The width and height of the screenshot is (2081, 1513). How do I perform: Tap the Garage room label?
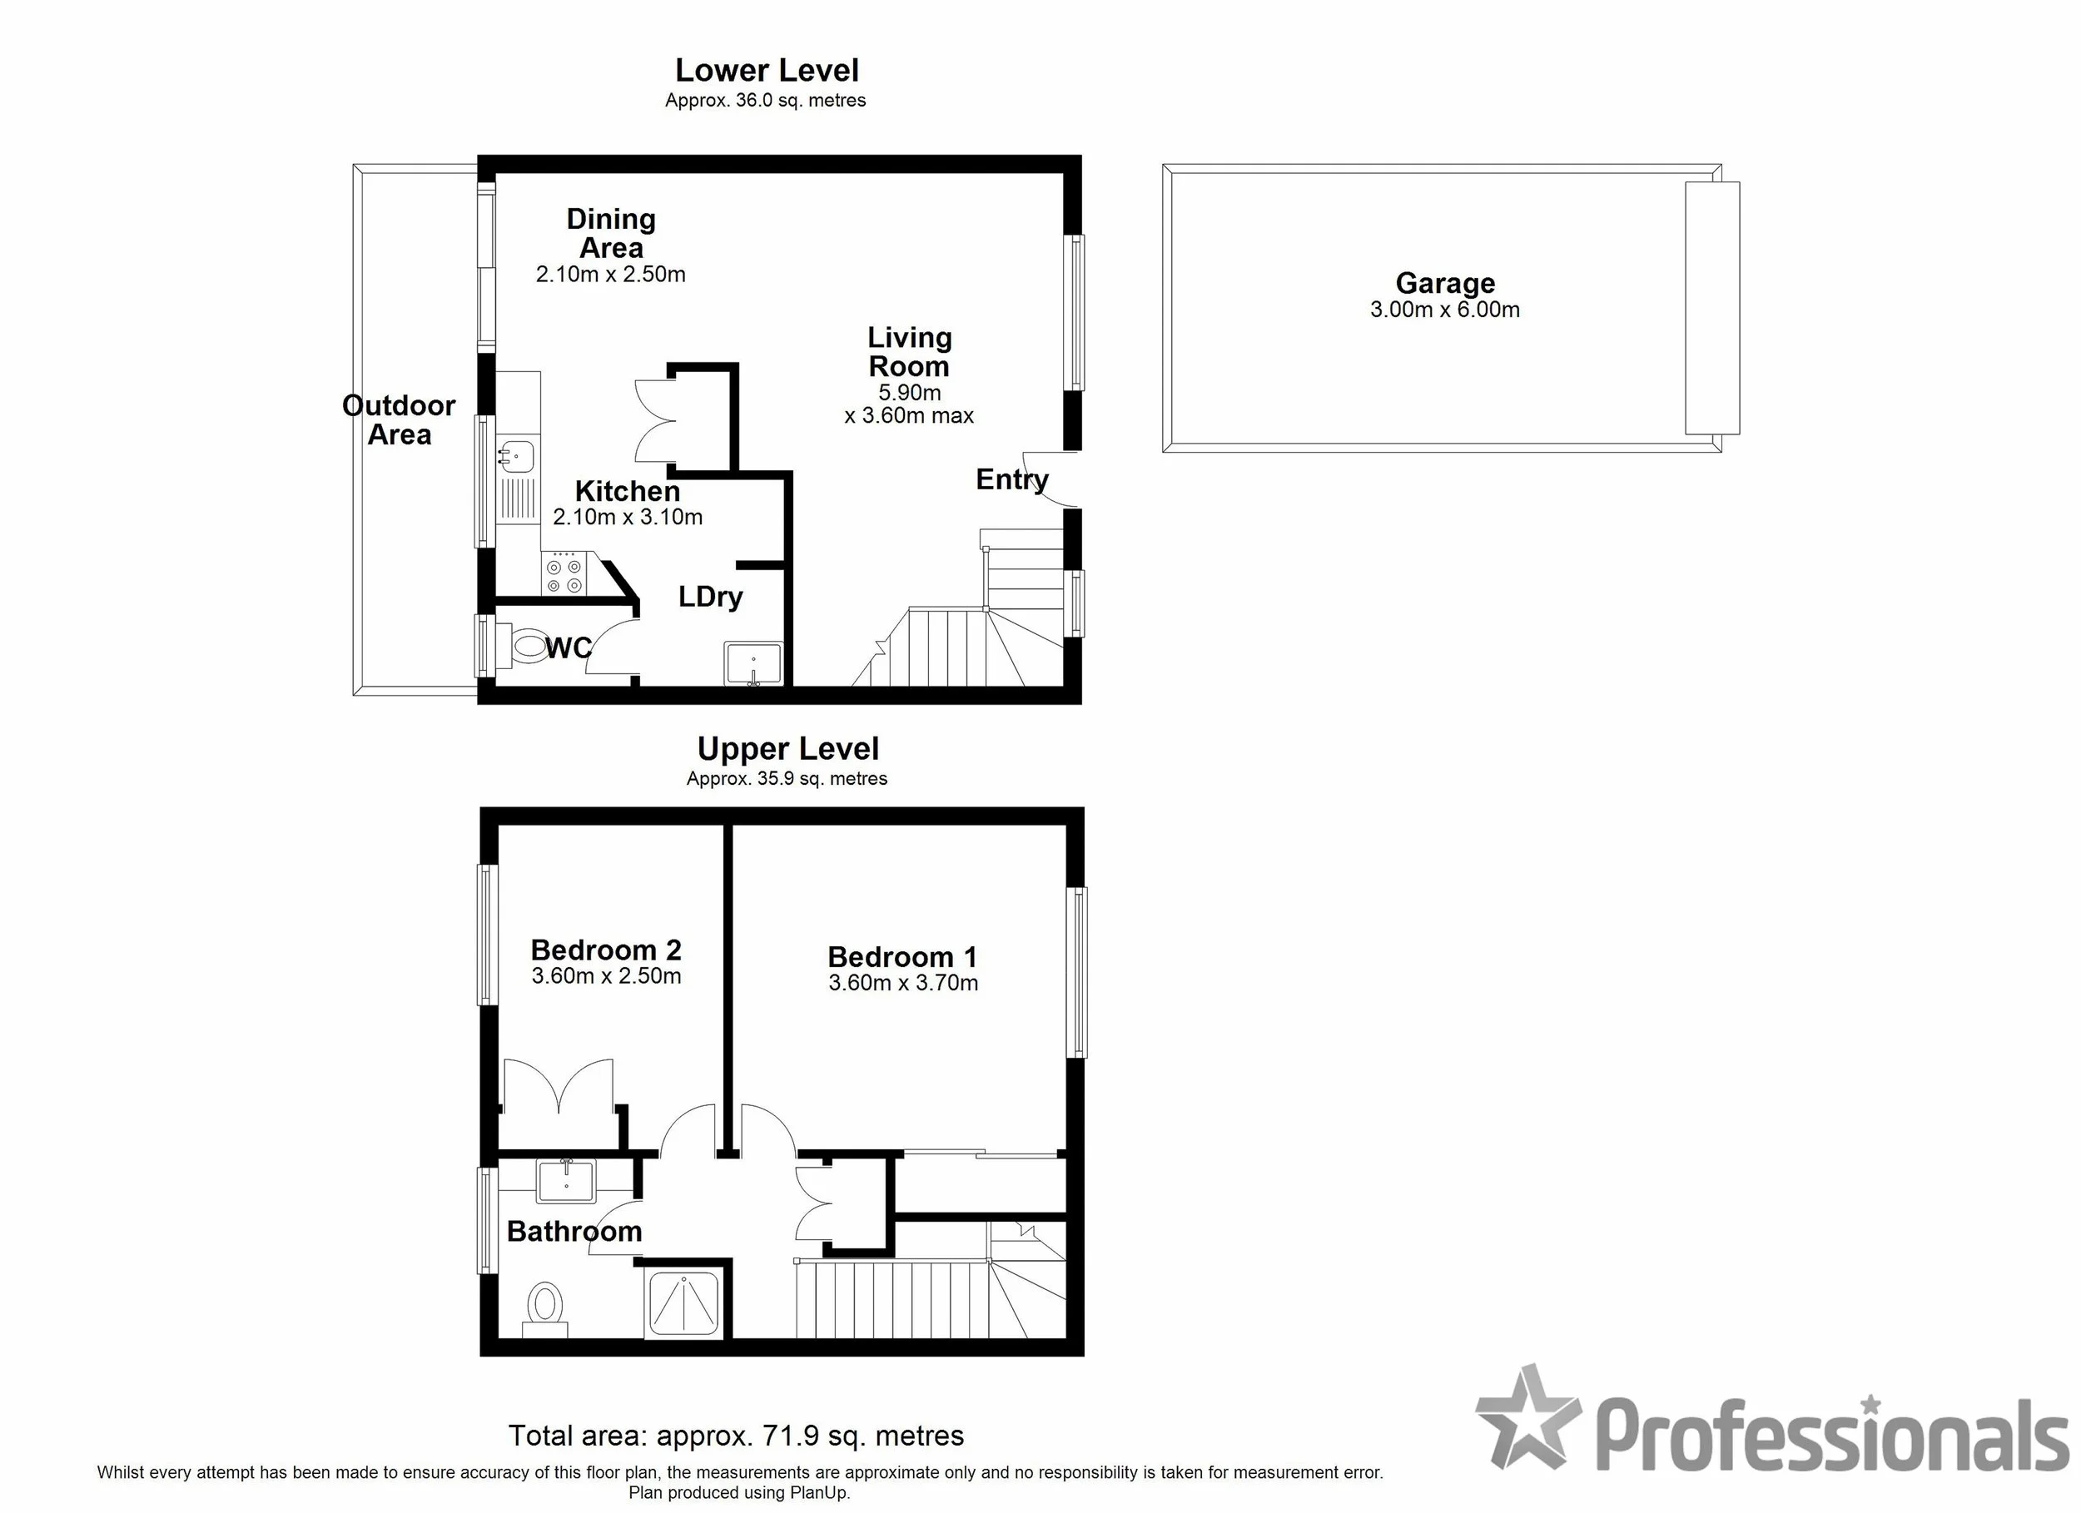1445,284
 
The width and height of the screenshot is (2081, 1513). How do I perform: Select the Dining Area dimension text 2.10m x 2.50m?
611,275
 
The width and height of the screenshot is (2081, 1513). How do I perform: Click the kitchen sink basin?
517,454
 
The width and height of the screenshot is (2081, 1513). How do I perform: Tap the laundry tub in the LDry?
753,663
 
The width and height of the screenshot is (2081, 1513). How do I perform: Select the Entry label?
1011,480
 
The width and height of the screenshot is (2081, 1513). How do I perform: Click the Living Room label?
909,352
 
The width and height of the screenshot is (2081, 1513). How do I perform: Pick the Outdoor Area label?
399,420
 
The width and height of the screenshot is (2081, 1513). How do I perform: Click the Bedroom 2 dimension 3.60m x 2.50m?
607,975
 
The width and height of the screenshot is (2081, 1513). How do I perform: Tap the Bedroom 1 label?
903,957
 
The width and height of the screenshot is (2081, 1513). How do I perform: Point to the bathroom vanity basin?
566,1181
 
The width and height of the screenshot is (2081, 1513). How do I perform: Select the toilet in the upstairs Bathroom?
545,1307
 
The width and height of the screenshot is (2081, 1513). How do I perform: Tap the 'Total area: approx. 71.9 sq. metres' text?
736,1435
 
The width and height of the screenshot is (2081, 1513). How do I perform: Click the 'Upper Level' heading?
787,749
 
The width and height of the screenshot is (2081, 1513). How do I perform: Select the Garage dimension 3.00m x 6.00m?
1445,310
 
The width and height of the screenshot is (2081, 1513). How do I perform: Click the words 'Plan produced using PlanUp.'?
739,1493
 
